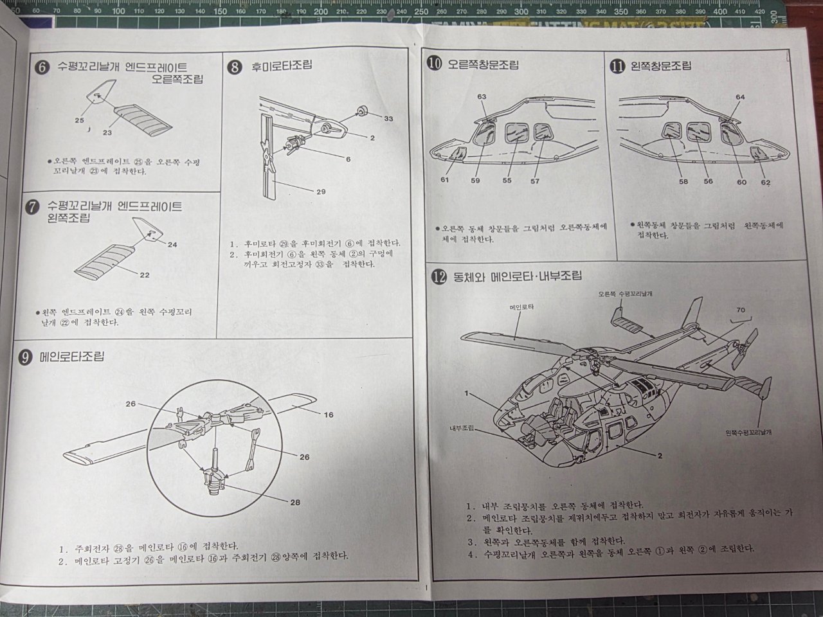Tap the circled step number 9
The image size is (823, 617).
tap(25, 357)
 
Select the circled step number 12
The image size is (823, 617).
tap(439, 277)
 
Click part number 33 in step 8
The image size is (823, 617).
tap(388, 119)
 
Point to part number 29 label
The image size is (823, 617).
tap(321, 192)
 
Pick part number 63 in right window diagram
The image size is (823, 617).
tap(482, 97)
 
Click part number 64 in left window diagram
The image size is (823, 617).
tap(740, 97)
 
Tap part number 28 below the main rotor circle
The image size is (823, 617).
tap(295, 502)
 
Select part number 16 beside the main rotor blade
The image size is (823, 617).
tap(329, 415)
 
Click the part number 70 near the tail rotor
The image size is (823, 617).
tap(740, 310)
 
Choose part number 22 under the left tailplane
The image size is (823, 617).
tap(145, 275)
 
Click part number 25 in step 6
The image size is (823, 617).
tap(79, 120)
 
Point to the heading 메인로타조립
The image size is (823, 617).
tap(71, 357)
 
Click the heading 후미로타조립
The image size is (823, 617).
tap(278, 66)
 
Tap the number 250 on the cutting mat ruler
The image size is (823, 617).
tap(421, 11)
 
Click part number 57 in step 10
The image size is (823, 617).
tap(535, 181)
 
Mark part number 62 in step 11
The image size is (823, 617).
tap(765, 182)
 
